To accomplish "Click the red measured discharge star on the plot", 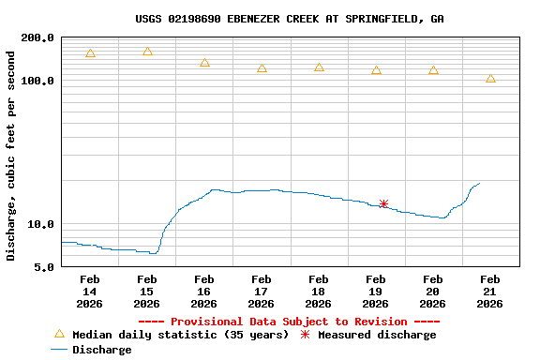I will [x=383, y=203].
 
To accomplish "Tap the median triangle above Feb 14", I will [x=90, y=53].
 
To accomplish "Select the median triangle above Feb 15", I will [x=147, y=52].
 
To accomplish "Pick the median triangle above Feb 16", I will [x=204, y=63].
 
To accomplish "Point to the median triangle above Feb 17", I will [x=262, y=68].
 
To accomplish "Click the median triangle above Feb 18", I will [x=319, y=67].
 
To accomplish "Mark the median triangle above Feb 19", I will [x=376, y=70].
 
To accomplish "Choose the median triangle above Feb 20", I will [x=433, y=70].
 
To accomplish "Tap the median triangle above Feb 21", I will [x=490, y=79].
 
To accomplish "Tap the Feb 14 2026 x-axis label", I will [x=90, y=291].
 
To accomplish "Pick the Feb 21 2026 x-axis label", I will [x=490, y=291].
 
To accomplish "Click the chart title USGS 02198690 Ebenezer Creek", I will [x=290, y=19].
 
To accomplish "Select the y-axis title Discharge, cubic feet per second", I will [x=11, y=155].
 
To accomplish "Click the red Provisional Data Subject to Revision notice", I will [x=290, y=322].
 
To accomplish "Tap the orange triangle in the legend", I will [x=59, y=334].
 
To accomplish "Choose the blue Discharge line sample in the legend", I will [x=59, y=350].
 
